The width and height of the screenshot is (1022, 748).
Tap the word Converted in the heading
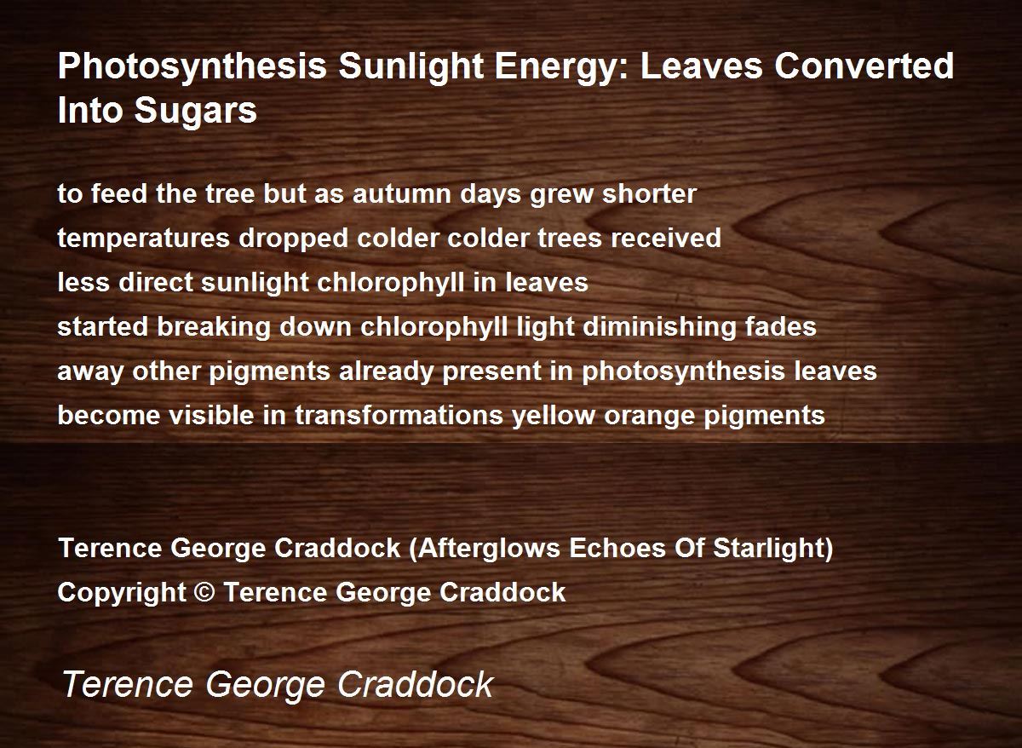click(x=864, y=66)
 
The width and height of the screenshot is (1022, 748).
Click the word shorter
click(x=649, y=193)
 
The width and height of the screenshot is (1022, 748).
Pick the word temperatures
click(x=144, y=239)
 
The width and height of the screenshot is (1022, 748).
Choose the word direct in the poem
click(x=156, y=282)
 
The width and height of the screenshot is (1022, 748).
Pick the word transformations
click(x=399, y=415)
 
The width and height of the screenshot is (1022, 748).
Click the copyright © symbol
click(x=204, y=592)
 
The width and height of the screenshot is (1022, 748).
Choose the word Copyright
click(x=122, y=593)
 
